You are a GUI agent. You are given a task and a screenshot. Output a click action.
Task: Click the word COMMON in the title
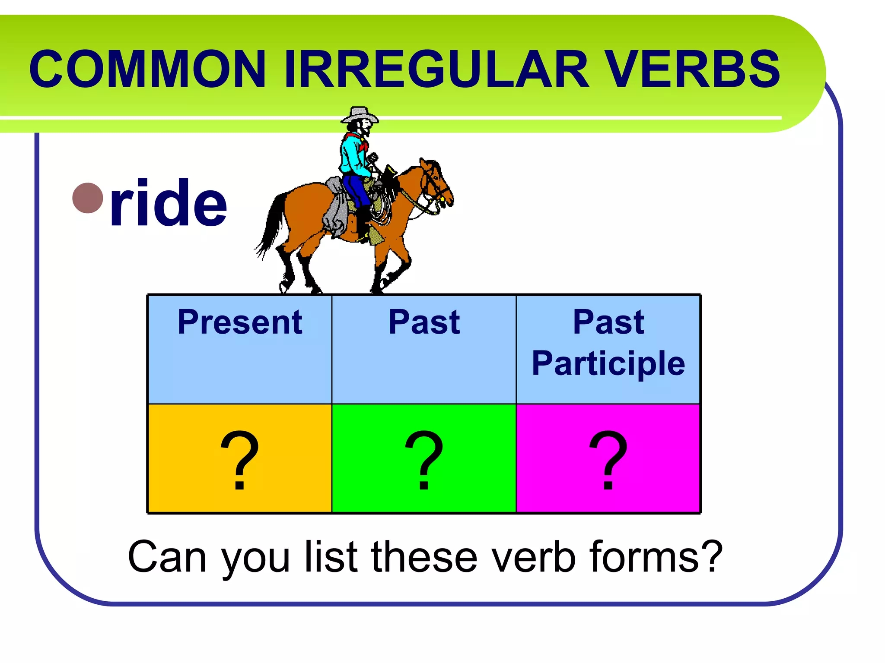[x=147, y=69]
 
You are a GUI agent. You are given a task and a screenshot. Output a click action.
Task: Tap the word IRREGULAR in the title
[x=436, y=69]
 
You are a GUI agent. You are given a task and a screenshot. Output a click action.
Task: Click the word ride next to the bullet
[x=169, y=203]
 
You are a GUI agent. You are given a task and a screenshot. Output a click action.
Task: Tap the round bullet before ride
[x=88, y=198]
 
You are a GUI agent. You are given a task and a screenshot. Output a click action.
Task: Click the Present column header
[x=240, y=322]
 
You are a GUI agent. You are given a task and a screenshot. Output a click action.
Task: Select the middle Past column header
[x=424, y=322]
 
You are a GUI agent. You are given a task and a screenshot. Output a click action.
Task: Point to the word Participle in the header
[x=608, y=363]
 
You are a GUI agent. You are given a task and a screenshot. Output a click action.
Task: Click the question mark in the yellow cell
[x=240, y=460]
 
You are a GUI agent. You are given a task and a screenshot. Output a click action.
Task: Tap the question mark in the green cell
[x=424, y=460]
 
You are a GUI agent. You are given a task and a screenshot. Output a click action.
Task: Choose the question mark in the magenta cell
[x=608, y=460]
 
